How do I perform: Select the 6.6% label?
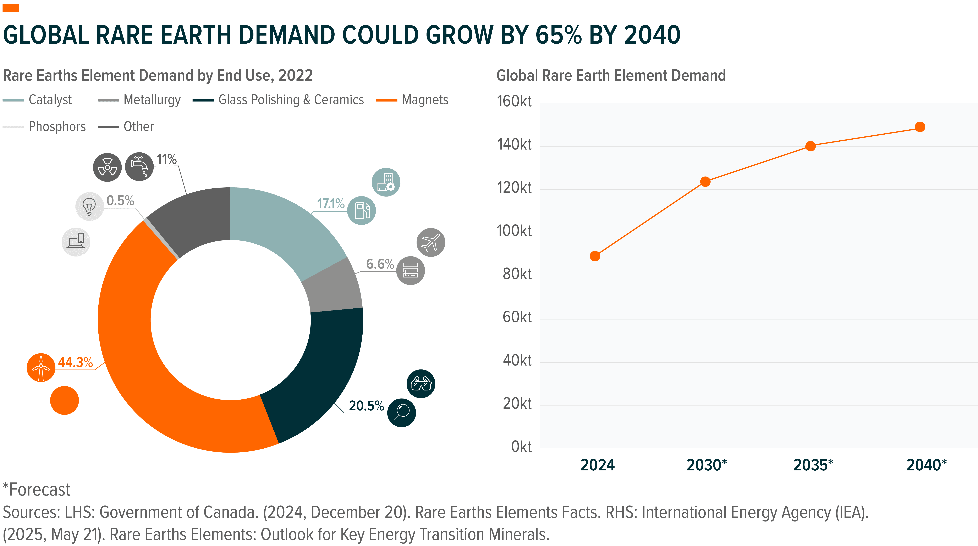[x=380, y=264]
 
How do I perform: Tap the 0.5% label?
[x=120, y=200]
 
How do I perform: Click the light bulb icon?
[x=90, y=207]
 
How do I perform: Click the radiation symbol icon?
[x=108, y=167]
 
